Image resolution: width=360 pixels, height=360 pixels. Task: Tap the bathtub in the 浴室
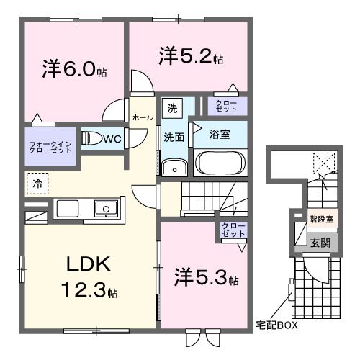click(220, 162)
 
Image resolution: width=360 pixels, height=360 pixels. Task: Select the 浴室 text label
click(220, 134)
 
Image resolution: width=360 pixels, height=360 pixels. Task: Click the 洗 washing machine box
click(172, 109)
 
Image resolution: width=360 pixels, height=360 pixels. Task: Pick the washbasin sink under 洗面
click(174, 167)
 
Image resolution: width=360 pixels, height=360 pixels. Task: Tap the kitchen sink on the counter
click(106, 210)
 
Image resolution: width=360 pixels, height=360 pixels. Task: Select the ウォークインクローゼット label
click(50, 148)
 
